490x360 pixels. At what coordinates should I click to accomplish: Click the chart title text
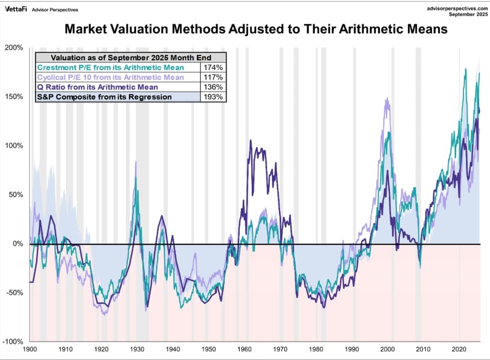coord(256,29)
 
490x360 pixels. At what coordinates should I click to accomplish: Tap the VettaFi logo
coord(16,9)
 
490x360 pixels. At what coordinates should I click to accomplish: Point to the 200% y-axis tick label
coord(14,48)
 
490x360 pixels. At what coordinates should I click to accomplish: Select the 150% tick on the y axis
coord(14,97)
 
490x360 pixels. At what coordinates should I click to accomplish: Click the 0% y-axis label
coord(18,244)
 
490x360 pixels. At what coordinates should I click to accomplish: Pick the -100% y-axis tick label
coord(13,342)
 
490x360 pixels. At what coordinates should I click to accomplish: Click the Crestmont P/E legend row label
coord(110,67)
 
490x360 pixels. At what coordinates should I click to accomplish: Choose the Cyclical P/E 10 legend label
coord(110,77)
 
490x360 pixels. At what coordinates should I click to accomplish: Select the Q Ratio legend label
coord(98,87)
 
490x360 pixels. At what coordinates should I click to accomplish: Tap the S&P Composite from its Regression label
coord(104,97)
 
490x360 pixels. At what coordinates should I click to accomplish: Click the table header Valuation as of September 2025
coord(131,58)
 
